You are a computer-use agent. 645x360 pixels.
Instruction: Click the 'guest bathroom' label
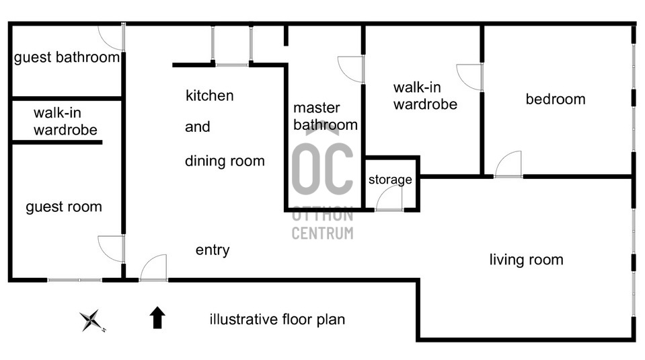point(67,58)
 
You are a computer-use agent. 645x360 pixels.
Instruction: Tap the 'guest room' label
point(64,207)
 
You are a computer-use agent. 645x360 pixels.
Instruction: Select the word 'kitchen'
point(209,96)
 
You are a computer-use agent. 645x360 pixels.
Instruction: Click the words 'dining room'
point(225,161)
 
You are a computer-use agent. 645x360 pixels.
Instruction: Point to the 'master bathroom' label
point(326,116)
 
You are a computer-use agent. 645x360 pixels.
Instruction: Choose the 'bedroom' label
point(556,99)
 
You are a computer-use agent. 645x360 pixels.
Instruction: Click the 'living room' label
point(526,260)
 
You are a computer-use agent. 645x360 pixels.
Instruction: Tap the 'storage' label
point(390,180)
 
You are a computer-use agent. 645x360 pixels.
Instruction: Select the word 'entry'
point(213,250)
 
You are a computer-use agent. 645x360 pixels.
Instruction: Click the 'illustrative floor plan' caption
point(277,319)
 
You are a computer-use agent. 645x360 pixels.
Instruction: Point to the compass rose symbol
point(92,320)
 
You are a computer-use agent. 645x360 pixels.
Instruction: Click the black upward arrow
point(157,317)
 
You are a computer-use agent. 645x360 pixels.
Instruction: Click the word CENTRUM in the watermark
point(323,233)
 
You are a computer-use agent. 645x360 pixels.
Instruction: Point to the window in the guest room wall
point(75,280)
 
